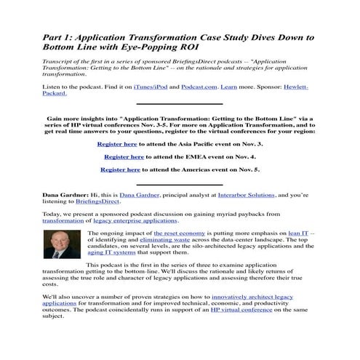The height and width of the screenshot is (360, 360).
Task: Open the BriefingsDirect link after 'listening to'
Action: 92,202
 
